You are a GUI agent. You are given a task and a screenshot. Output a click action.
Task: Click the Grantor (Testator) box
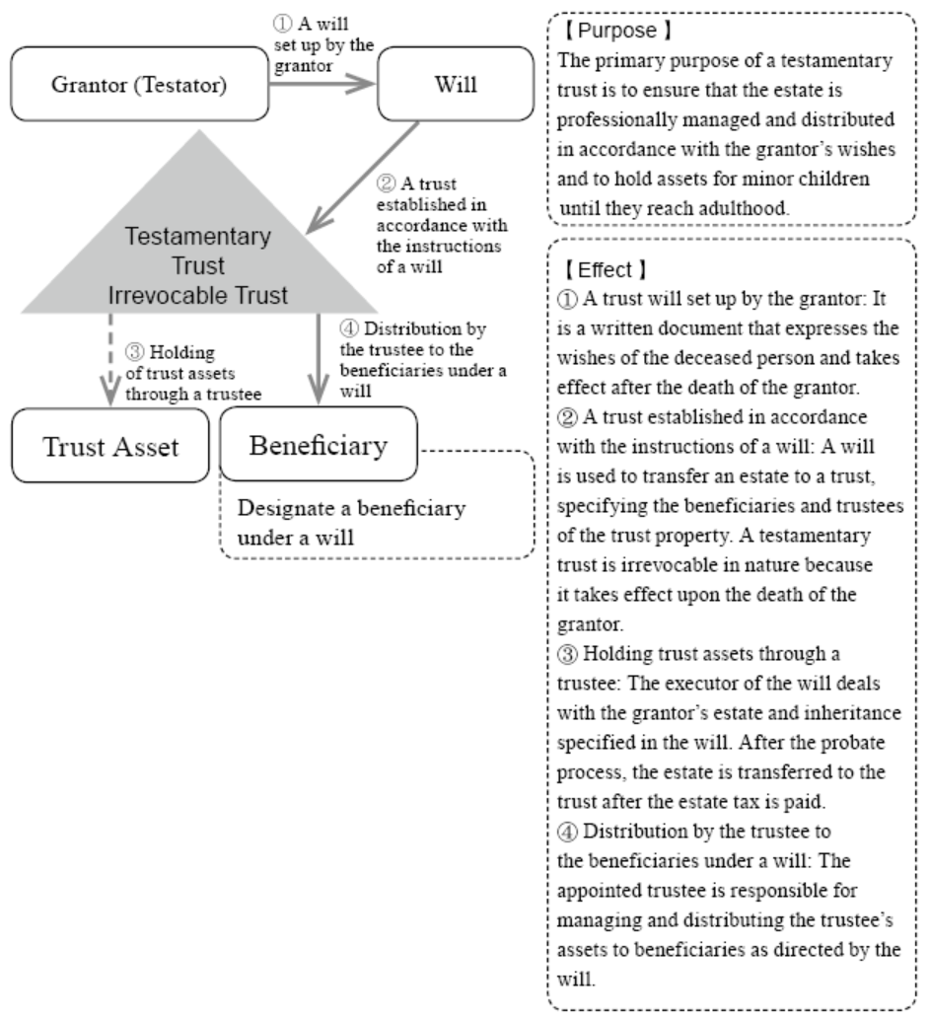click(140, 84)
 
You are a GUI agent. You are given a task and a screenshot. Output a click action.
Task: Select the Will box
click(456, 84)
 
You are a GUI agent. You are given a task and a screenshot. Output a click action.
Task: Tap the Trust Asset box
click(110, 446)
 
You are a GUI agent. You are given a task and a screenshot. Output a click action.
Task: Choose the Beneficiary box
click(319, 445)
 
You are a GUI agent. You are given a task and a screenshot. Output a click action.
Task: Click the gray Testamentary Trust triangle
click(199, 247)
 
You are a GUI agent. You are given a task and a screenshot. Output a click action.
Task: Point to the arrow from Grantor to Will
click(322, 83)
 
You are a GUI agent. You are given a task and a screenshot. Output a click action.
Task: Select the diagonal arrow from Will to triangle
click(362, 177)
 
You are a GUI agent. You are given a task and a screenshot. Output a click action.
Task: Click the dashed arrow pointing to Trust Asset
click(110, 359)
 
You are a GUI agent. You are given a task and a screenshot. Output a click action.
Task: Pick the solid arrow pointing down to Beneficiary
click(319, 359)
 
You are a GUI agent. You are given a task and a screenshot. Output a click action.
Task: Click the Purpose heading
click(616, 31)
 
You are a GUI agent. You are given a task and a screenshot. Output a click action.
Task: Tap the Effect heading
click(605, 269)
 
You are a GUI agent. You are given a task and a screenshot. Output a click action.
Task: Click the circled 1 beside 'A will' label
click(283, 24)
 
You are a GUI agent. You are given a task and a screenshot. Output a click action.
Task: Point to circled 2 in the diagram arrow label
click(386, 183)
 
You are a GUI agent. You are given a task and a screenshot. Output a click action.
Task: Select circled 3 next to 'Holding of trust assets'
click(134, 352)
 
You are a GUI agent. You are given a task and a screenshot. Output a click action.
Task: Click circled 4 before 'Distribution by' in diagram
click(349, 328)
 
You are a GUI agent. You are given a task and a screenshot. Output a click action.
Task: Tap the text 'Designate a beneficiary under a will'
click(352, 523)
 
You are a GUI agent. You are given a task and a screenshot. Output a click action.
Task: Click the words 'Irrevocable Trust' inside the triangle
click(197, 295)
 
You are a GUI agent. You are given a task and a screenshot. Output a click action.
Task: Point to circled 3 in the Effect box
click(567, 654)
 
